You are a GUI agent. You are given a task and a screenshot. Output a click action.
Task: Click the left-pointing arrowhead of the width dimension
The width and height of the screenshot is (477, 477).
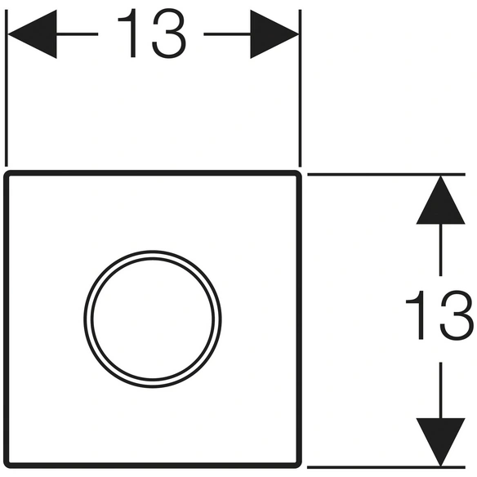[x=32, y=34]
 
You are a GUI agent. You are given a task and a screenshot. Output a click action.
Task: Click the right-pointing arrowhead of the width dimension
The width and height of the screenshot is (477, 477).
[x=274, y=34]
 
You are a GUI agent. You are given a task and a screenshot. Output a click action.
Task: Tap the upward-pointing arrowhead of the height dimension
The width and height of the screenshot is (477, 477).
[x=440, y=200]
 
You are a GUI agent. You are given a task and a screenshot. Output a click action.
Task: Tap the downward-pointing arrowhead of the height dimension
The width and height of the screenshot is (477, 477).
[x=440, y=443]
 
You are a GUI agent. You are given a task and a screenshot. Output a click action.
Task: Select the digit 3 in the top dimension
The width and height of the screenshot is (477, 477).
[x=169, y=33]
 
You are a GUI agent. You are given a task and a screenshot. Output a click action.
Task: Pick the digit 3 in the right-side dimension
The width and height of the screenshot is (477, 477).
[x=457, y=314]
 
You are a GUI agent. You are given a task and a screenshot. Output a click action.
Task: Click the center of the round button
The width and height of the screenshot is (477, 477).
[x=153, y=319]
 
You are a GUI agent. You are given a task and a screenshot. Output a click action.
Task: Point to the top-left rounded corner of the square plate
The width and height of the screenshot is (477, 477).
[x=7, y=174]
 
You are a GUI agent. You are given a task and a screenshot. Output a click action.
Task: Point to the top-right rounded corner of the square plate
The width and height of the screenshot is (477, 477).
[x=298, y=174]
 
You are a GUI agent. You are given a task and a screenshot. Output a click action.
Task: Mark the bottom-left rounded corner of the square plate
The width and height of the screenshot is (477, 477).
[x=7, y=465]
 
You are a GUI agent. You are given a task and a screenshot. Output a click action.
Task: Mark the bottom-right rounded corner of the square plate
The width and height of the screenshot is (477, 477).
[x=298, y=465]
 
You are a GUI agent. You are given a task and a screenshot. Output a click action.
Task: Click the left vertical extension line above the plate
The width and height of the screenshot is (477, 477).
[x=7, y=88]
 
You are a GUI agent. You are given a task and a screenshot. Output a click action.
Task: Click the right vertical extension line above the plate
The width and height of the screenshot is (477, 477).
[x=300, y=88]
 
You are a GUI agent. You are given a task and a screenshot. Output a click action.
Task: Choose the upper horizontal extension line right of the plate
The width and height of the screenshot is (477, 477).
[x=386, y=174]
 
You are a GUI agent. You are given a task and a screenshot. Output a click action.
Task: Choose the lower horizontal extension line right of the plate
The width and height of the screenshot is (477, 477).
[x=386, y=467]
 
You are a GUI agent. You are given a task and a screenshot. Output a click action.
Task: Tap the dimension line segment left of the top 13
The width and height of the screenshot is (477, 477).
[x=78, y=34]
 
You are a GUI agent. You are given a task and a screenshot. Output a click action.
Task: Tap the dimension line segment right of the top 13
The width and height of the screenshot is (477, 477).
[x=227, y=34]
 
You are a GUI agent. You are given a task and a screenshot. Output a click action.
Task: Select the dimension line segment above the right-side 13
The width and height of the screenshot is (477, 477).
[x=440, y=250]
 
